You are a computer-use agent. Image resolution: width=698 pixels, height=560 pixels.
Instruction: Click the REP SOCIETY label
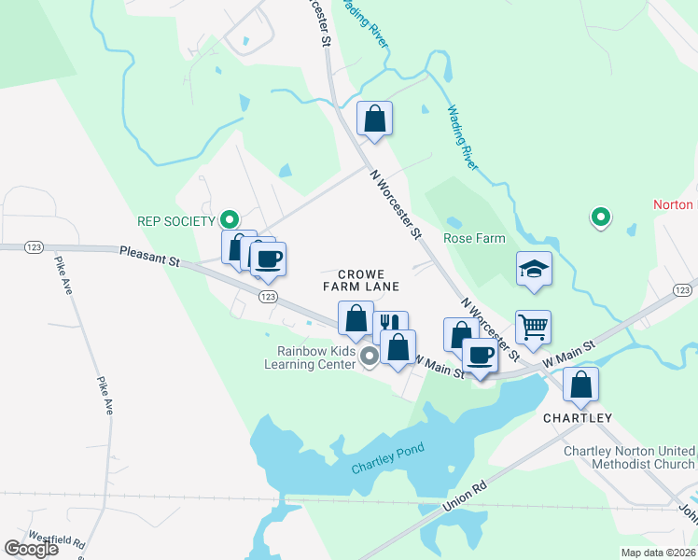pyautogui.click(x=175, y=221)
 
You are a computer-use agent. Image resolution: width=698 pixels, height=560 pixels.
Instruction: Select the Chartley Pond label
pyautogui.click(x=387, y=458)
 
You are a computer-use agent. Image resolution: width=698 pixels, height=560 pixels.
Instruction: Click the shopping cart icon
pyautogui.click(x=533, y=328)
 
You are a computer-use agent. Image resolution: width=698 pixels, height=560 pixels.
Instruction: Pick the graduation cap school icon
pyautogui.click(x=534, y=269)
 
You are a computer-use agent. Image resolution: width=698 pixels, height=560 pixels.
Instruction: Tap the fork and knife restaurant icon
pyautogui.click(x=391, y=328)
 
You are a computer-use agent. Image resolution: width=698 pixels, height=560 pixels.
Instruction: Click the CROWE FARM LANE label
pyautogui.click(x=368, y=280)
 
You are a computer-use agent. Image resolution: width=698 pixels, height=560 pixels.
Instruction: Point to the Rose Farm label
pyautogui.click(x=474, y=238)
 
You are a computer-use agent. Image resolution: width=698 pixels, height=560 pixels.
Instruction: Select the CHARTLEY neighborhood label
pyautogui.click(x=579, y=418)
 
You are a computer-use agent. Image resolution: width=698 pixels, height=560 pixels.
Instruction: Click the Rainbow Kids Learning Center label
pyautogui.click(x=316, y=357)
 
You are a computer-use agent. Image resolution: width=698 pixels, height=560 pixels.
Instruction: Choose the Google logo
pyautogui.click(x=31, y=548)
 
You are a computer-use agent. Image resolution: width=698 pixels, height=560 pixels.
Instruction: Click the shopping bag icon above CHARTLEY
pyautogui.click(x=580, y=384)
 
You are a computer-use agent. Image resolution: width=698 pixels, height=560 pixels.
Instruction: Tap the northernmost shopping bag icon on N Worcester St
pyautogui.click(x=374, y=119)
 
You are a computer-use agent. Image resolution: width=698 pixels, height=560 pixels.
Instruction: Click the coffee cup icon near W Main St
pyautogui.click(x=481, y=355)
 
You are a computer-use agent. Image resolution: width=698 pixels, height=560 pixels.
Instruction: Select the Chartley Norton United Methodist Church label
pyautogui.click(x=629, y=457)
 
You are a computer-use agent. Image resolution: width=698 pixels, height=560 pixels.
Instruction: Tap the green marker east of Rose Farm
pyautogui.click(x=602, y=218)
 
